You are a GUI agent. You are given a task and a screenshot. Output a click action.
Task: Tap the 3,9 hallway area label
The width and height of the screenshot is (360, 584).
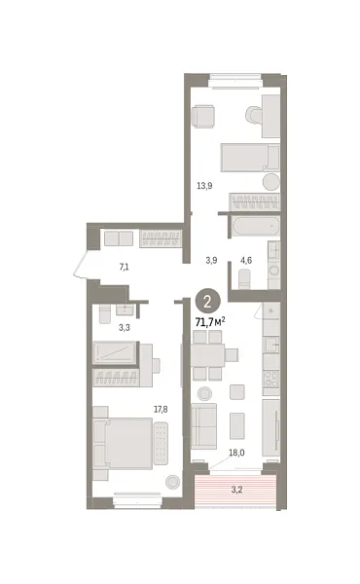(210, 261)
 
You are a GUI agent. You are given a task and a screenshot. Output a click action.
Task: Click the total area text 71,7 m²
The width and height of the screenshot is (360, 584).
(209, 320)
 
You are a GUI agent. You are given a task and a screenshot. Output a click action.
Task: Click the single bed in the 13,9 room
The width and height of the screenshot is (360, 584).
(250, 157)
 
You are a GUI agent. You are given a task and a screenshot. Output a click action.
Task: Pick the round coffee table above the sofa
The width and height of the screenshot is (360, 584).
(204, 394)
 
